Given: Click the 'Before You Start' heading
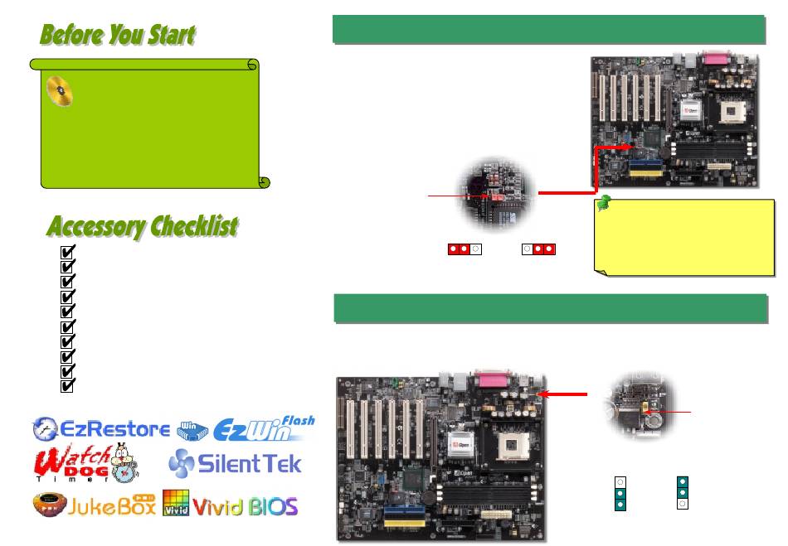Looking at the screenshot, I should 117,35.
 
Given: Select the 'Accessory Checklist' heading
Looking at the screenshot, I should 142,225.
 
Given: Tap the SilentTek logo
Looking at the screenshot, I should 234,464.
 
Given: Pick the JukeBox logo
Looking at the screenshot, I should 94,505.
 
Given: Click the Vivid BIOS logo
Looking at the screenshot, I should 230,505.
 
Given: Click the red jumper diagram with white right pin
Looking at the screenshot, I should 465,249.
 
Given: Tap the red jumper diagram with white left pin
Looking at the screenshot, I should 539,249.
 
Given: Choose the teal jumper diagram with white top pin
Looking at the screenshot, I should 620,492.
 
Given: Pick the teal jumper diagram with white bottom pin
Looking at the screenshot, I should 681,492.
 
